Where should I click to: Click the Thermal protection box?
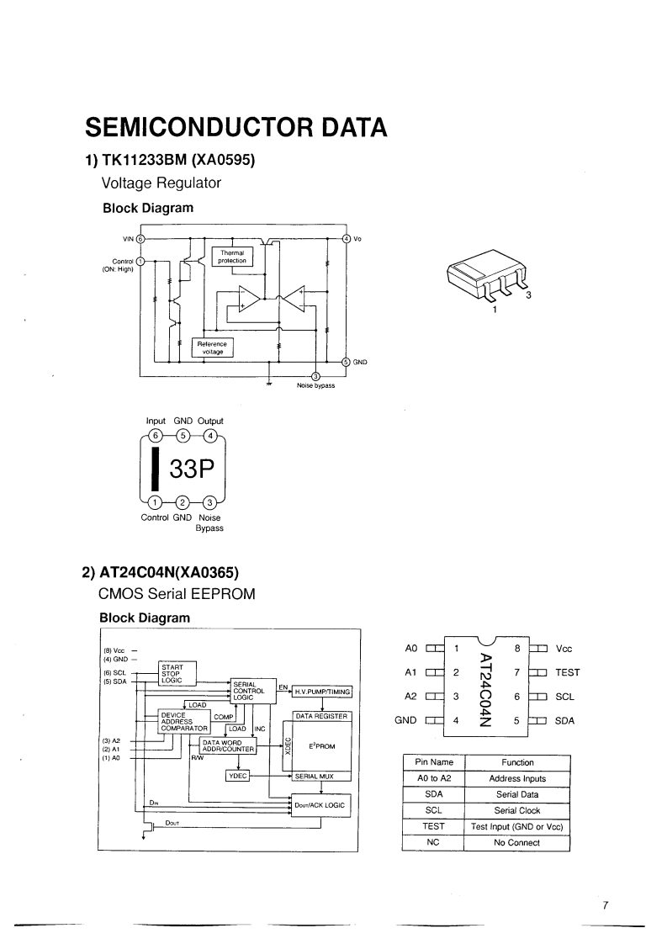(x=232, y=257)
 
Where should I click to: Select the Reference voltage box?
(x=214, y=347)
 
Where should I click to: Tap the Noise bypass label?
(x=315, y=385)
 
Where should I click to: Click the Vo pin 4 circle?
(x=346, y=238)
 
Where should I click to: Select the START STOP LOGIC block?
(x=177, y=673)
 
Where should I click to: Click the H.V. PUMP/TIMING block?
(x=321, y=692)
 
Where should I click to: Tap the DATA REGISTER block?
(x=320, y=716)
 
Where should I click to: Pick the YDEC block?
(x=238, y=775)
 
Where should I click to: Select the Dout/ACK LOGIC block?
(x=320, y=805)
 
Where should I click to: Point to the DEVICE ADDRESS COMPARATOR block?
(x=183, y=721)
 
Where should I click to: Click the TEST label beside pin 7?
(x=568, y=673)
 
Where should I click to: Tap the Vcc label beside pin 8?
(x=564, y=649)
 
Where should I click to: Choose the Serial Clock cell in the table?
(x=517, y=810)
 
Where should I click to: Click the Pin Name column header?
(x=434, y=762)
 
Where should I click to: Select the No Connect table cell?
(x=517, y=842)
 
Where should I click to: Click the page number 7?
(x=605, y=905)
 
